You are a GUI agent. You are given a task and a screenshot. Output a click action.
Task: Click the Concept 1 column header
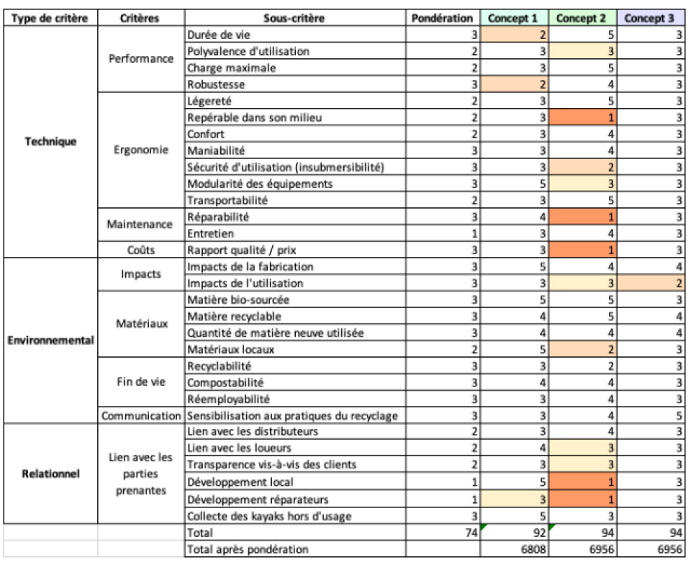[x=513, y=18]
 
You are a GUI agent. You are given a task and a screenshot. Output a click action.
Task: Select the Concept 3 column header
[x=649, y=18]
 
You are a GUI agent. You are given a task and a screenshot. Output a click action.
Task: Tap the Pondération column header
[x=442, y=18]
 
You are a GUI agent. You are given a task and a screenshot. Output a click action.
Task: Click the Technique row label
[x=50, y=142]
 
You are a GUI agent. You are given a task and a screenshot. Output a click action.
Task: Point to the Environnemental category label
[x=50, y=340]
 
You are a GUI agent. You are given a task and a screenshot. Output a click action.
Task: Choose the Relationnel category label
[x=50, y=474]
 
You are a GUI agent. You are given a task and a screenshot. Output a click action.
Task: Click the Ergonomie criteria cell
[x=141, y=150]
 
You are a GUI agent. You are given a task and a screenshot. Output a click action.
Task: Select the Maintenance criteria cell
[x=140, y=225]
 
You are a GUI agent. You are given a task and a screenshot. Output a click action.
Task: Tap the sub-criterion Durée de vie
[x=219, y=35]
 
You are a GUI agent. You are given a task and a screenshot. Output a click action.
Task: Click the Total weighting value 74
[x=471, y=533]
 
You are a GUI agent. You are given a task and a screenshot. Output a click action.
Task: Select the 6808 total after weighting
[x=533, y=550]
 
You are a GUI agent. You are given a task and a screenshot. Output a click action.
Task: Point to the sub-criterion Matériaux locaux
[x=230, y=350]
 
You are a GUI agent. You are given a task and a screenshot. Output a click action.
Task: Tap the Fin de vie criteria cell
[x=141, y=381]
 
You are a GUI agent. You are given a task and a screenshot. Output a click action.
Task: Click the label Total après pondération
[x=248, y=550]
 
